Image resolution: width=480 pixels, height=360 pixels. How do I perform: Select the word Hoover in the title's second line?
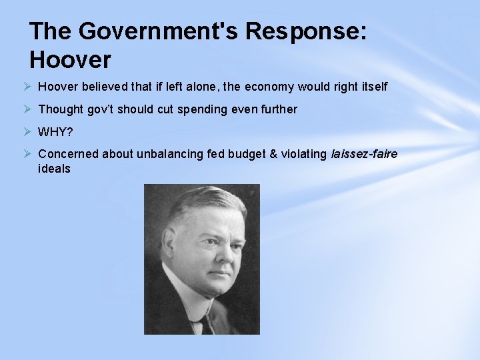tap(70, 61)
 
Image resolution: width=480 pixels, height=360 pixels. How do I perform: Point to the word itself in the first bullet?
tap(371, 87)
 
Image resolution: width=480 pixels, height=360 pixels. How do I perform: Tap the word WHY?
tap(56, 131)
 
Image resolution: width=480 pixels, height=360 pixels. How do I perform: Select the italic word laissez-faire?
tap(364, 154)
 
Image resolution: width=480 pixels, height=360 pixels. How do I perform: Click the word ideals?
tap(54, 169)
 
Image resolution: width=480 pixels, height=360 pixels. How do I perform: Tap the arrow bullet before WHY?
tap(27, 131)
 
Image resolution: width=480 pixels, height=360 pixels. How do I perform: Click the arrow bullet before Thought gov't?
tap(27, 109)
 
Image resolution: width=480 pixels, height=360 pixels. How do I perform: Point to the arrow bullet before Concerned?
tap(27, 153)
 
